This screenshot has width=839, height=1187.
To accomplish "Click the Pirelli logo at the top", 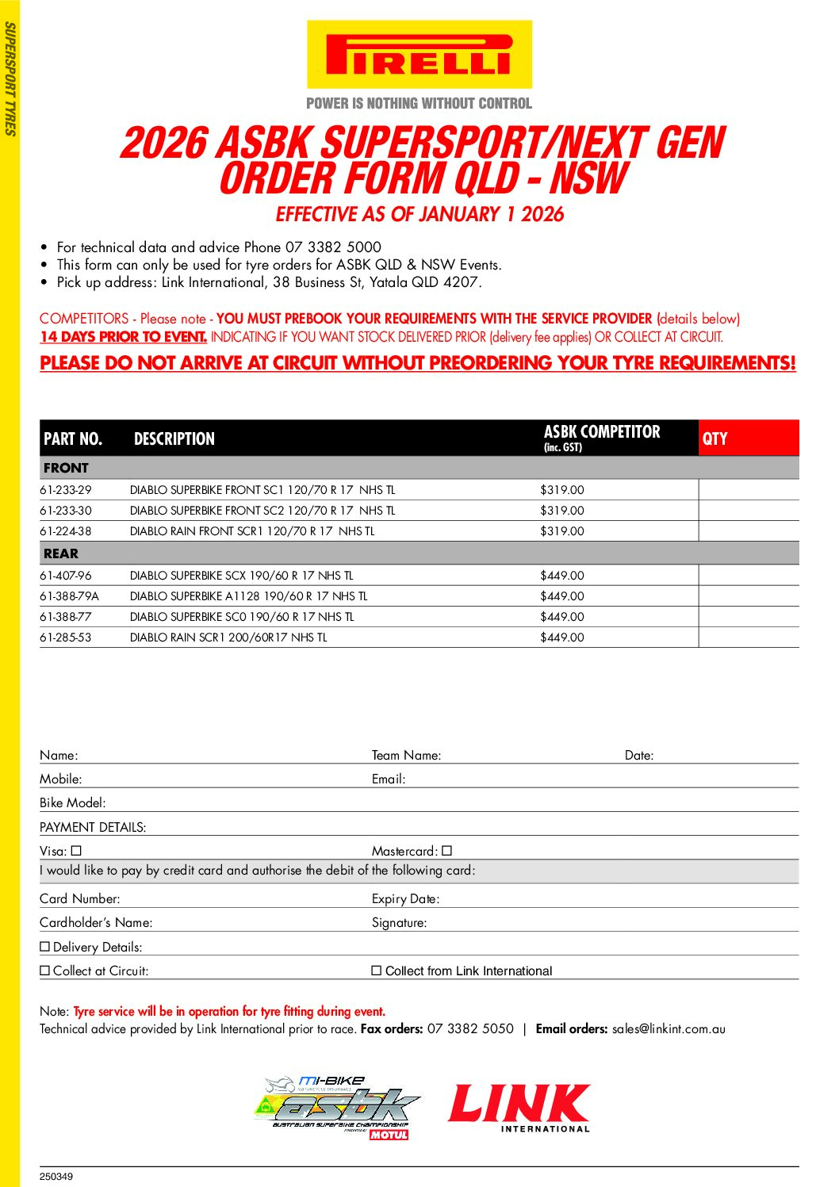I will (x=419, y=55).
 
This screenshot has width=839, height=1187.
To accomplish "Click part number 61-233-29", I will (x=66, y=490).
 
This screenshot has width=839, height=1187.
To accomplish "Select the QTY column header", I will (x=714, y=438).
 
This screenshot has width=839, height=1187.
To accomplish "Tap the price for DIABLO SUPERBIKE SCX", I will (x=561, y=576).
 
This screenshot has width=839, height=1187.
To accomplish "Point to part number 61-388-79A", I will (x=70, y=596).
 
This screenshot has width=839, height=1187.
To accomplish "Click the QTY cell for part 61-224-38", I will (x=748, y=531).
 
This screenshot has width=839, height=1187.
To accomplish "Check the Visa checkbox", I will (x=76, y=851).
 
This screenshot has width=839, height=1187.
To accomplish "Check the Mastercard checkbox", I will (x=447, y=851).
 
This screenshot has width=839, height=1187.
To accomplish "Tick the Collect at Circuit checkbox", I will (x=45, y=971).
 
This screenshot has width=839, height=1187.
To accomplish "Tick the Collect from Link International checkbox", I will (x=377, y=971).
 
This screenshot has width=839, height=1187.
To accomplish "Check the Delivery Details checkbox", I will (x=45, y=947).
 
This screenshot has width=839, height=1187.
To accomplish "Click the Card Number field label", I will (x=80, y=898).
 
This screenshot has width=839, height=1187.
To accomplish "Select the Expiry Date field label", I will (x=405, y=898).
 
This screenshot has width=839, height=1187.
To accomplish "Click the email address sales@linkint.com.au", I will (x=669, y=1029).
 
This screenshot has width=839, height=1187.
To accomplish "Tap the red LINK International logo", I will (x=519, y=1107).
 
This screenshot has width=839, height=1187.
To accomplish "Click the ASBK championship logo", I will (x=337, y=1107).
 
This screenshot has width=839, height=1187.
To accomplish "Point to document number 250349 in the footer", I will (x=56, y=1177).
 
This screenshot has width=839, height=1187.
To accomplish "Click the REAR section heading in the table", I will (x=61, y=553).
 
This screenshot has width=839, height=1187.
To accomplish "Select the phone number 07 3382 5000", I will (x=333, y=247).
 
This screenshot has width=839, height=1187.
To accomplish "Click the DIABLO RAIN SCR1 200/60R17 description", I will (x=228, y=638).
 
